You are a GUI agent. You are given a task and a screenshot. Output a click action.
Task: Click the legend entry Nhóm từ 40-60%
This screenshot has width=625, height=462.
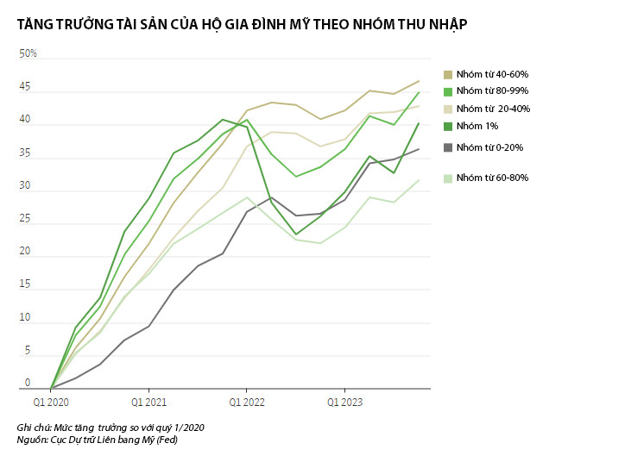[491, 74]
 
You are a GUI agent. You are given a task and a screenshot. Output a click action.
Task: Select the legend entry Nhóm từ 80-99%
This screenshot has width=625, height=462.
[491, 91]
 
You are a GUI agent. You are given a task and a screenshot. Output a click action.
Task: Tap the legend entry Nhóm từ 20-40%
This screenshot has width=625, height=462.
[492, 109]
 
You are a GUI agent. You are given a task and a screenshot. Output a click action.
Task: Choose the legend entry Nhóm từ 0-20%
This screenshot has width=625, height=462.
[489, 147]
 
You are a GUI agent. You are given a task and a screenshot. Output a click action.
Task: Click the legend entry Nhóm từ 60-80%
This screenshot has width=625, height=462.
[492, 178]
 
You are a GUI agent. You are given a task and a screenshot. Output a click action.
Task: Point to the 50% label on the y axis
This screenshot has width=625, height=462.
[28, 53]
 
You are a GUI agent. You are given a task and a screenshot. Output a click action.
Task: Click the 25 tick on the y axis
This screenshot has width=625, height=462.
[26, 219]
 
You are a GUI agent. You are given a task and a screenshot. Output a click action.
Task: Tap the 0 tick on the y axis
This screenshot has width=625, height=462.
[28, 384]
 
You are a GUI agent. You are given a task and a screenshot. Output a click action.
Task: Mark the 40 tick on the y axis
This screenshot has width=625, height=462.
[26, 120]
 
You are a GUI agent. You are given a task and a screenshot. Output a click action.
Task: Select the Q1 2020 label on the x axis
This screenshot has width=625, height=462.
[51, 402]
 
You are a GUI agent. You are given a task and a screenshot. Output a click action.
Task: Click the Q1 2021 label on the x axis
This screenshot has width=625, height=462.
[148, 402]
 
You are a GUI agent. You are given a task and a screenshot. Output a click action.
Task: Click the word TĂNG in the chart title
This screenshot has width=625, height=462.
[35, 24]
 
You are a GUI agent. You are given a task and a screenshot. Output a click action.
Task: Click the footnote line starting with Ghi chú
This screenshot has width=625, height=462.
[110, 428]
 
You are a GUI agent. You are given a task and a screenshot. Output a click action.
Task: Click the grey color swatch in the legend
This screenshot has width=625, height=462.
[447, 147]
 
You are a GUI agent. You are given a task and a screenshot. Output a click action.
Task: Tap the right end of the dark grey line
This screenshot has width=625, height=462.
[420, 149]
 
